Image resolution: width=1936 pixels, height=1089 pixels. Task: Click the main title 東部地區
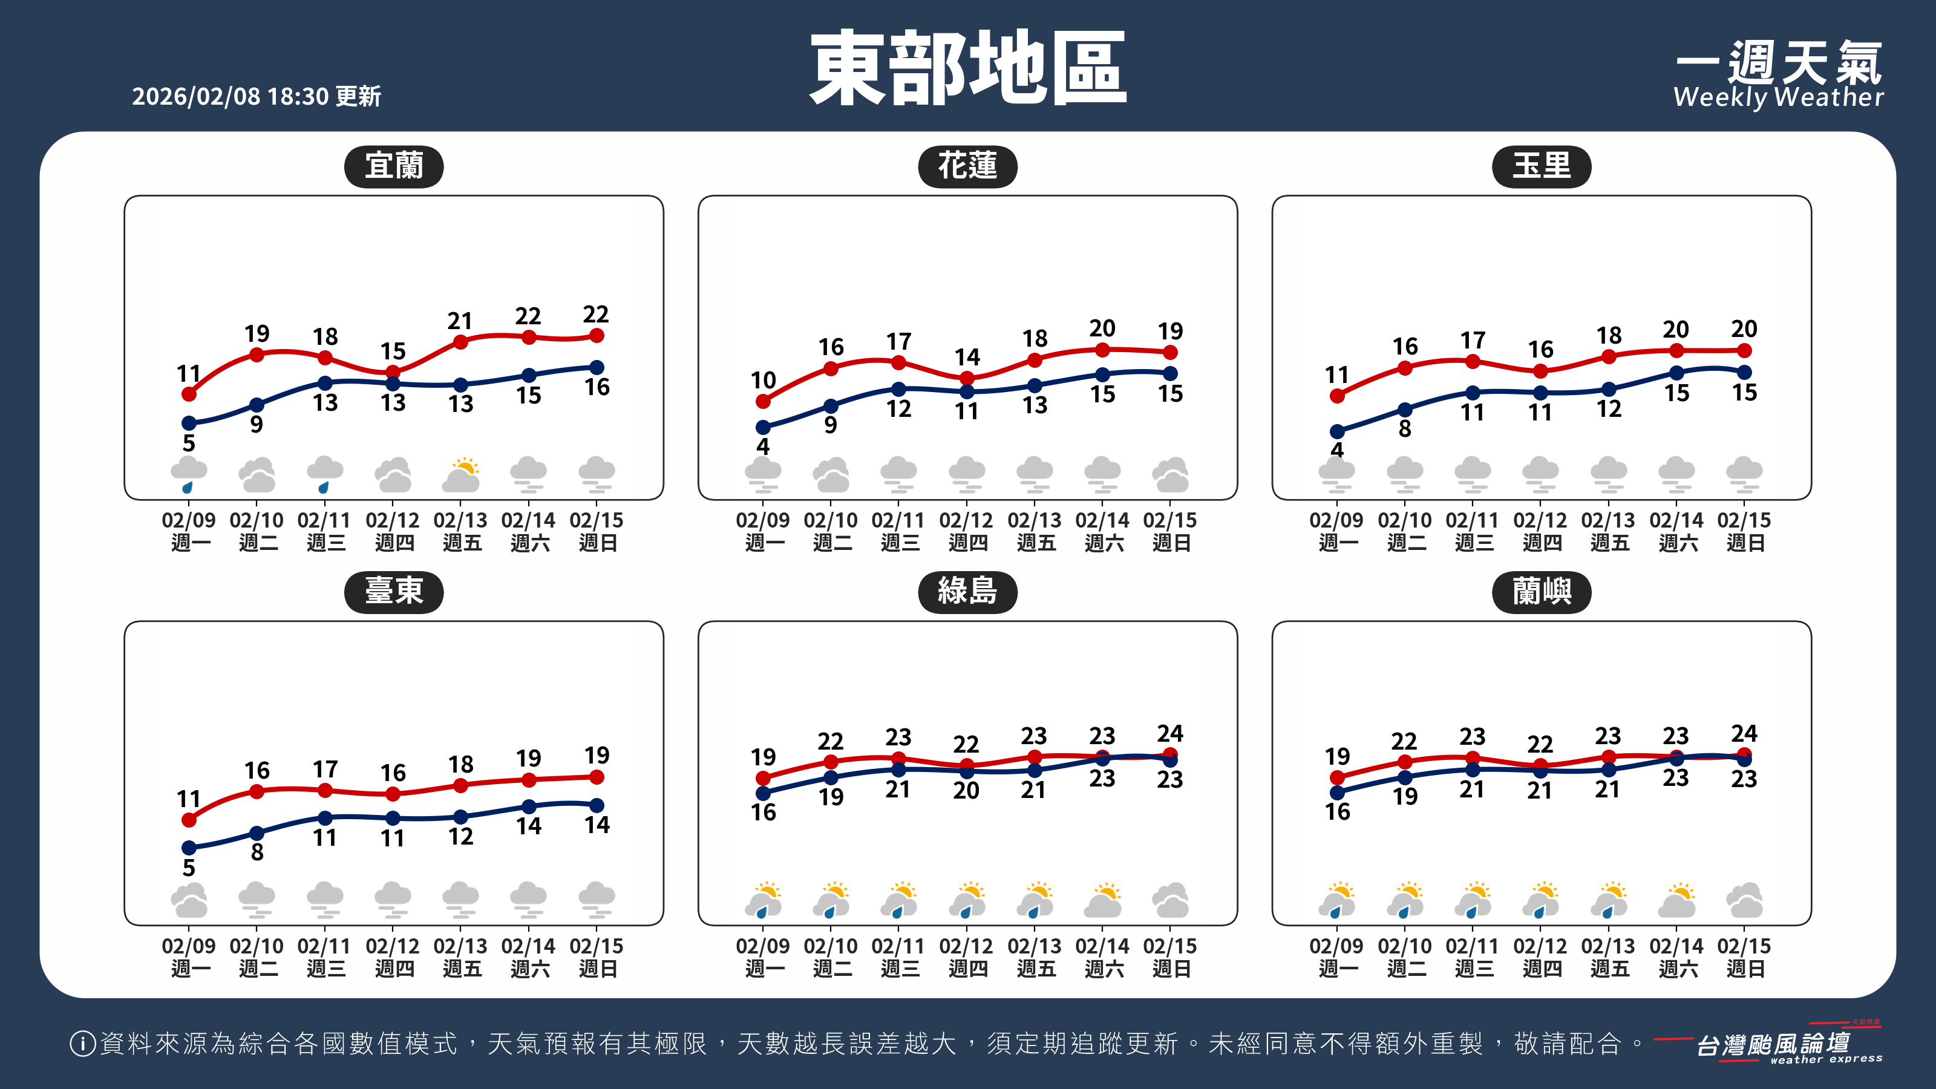tap(967, 68)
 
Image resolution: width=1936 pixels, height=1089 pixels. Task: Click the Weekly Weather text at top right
tap(1778, 97)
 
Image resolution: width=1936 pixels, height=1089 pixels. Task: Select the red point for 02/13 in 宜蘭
tap(460, 342)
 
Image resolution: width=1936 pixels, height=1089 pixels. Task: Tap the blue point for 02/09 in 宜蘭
tap(189, 423)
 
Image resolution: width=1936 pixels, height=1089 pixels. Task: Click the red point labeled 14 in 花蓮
tap(967, 378)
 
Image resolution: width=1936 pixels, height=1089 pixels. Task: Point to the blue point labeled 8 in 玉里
tap(1405, 410)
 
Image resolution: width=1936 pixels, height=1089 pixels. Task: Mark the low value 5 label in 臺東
tap(189, 868)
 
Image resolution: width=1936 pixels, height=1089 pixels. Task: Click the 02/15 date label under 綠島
tap(1170, 956)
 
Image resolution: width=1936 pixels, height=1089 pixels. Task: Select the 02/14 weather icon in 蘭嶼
tap(1676, 900)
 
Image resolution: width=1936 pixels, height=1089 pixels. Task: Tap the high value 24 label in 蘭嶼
tap(1744, 733)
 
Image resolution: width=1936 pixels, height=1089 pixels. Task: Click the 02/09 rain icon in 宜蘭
tap(189, 474)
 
